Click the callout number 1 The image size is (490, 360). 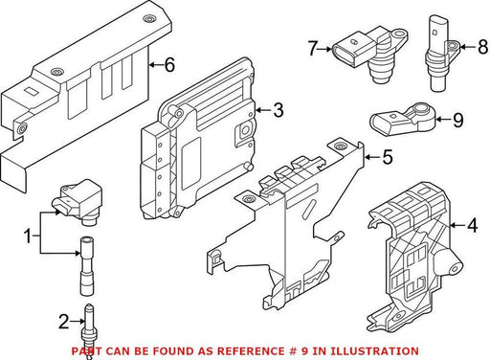coord(28,236)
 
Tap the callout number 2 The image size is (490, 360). coord(63,322)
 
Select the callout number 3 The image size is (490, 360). coord(278,110)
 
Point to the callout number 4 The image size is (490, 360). coord(473,225)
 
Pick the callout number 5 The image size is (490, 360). coord(388,157)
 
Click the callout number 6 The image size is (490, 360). coord(169,65)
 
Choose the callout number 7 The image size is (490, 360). coord(312,49)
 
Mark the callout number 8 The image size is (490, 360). coord(483,47)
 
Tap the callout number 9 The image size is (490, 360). coord(458,120)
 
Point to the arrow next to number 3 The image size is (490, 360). coord(263,110)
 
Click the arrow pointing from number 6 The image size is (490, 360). coord(156,65)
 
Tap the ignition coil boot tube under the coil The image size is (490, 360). coord(87,266)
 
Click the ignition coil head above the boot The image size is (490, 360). coord(77,202)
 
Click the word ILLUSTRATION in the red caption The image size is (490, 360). coord(374,351)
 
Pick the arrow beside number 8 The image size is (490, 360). coord(468,47)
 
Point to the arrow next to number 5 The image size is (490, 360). coord(372,157)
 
